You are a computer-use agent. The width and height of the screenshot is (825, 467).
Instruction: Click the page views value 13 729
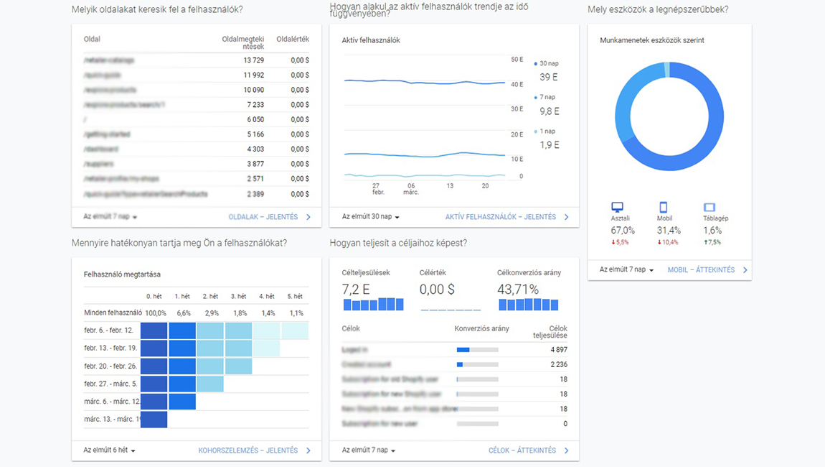click(x=253, y=60)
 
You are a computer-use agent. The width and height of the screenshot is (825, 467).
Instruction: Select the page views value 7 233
click(x=255, y=105)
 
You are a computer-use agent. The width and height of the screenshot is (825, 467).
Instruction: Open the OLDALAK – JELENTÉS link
click(x=263, y=217)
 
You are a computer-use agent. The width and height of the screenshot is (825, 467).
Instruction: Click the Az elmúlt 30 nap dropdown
click(x=370, y=217)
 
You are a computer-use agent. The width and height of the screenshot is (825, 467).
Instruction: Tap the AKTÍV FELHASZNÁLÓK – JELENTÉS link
click(x=501, y=217)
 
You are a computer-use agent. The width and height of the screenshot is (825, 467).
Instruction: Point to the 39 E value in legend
click(x=549, y=78)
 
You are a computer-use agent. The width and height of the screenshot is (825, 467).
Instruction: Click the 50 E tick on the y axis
click(x=517, y=60)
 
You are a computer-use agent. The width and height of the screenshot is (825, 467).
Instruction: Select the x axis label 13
click(x=450, y=185)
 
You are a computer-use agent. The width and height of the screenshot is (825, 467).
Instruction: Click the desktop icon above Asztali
click(x=617, y=208)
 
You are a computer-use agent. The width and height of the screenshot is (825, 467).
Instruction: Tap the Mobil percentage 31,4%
click(x=669, y=231)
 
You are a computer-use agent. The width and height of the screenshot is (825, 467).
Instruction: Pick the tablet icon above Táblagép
click(x=709, y=208)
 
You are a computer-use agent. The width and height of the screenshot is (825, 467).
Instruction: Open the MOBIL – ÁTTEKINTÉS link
click(x=702, y=270)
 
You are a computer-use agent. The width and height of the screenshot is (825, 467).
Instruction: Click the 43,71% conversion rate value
click(x=517, y=289)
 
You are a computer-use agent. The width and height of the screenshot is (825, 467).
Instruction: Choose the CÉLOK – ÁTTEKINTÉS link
click(x=522, y=450)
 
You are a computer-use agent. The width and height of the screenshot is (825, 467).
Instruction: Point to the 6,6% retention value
click(x=184, y=313)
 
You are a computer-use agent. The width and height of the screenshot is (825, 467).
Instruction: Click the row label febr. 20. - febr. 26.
click(x=110, y=366)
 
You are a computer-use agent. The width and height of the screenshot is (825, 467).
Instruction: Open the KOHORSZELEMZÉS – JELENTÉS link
click(x=248, y=450)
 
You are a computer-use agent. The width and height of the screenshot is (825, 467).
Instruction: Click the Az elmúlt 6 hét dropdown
click(x=109, y=450)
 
